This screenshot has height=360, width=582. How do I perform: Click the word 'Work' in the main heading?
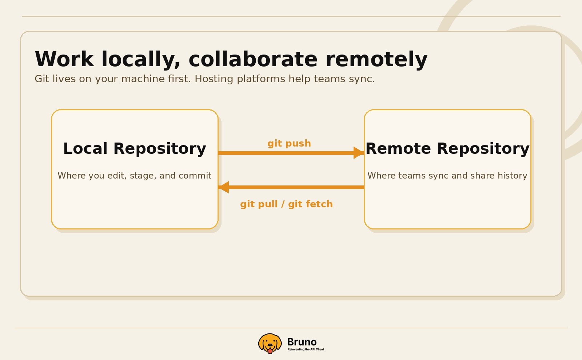[x=64, y=59]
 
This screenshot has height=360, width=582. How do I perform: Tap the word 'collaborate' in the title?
[x=253, y=59]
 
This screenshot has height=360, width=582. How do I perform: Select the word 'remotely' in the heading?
[x=376, y=59]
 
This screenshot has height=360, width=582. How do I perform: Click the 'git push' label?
[x=289, y=143]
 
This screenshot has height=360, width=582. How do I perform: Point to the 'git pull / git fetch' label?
[x=286, y=204]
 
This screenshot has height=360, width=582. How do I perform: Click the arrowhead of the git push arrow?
[x=358, y=153]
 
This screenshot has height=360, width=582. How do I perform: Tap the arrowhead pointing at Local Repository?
[x=224, y=187]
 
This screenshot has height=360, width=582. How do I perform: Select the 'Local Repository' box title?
[x=135, y=149]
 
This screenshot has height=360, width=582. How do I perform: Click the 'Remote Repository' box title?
[x=447, y=149]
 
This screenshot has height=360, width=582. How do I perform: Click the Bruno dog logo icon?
[x=270, y=343]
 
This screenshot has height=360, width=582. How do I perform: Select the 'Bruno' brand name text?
[x=302, y=342]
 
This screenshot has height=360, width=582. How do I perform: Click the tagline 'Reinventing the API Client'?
[x=306, y=349]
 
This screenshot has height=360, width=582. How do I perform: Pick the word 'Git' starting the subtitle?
[x=42, y=79]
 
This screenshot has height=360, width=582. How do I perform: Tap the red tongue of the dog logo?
[x=270, y=351]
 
